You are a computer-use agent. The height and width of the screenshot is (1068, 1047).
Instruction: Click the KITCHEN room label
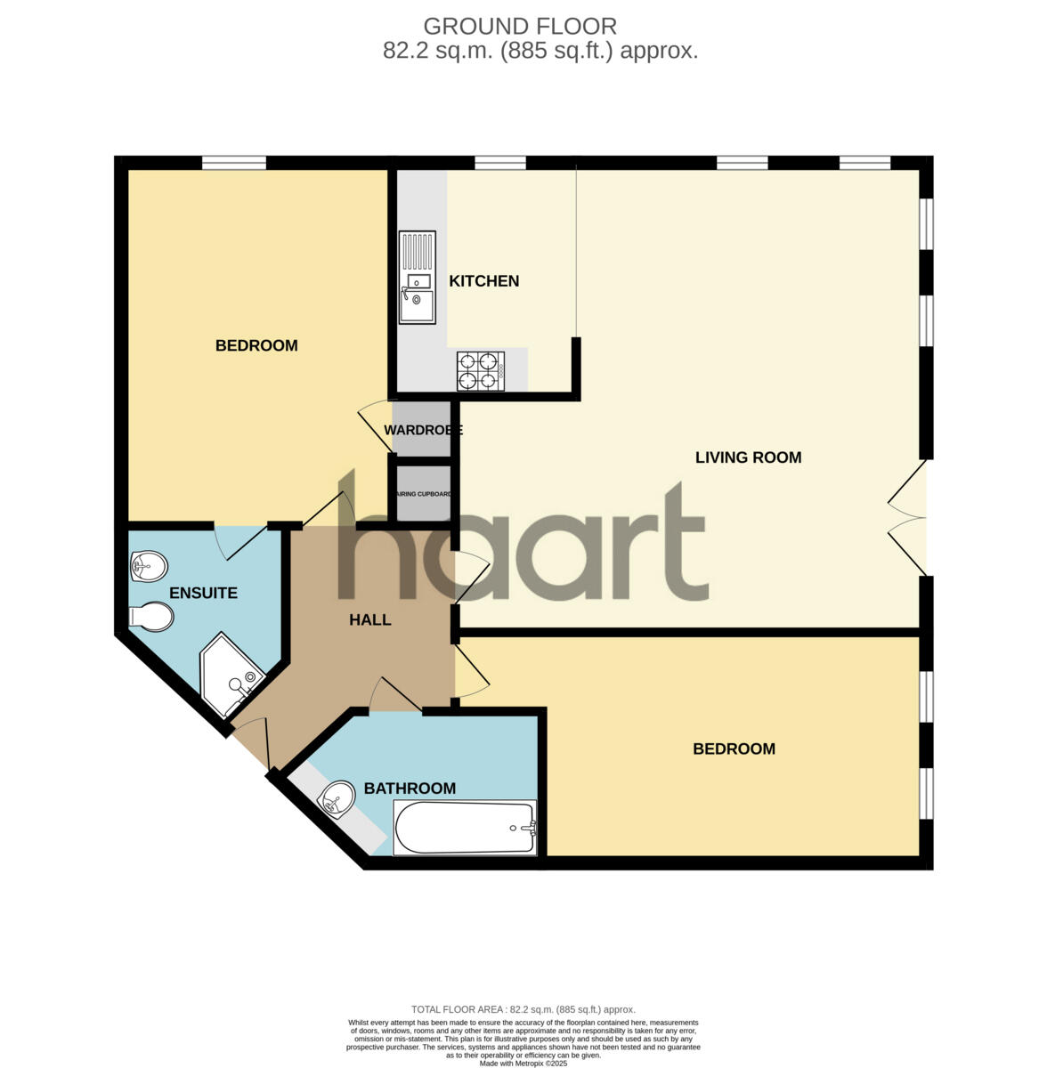click(483, 281)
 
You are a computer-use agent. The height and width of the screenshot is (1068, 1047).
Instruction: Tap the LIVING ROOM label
click(748, 457)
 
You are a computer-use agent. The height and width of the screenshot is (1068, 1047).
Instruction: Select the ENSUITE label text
click(203, 593)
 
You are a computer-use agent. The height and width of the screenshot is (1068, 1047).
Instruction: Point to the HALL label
click(369, 619)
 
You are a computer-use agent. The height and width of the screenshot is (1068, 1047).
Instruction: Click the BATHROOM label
click(410, 789)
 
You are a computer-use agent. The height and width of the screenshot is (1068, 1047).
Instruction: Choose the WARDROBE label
click(423, 431)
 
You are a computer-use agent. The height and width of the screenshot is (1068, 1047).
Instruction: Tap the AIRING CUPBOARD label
click(424, 494)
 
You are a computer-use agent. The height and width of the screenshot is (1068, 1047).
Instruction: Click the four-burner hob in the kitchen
click(480, 372)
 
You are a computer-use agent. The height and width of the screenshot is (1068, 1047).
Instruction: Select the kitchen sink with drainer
click(418, 277)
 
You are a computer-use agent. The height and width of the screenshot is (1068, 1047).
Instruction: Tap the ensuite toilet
click(150, 616)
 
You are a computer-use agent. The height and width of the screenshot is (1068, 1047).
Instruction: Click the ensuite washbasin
click(149, 563)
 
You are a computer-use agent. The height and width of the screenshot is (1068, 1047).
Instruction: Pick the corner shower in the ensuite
click(231, 676)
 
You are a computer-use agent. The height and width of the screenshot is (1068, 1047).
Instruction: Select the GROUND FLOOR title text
click(520, 27)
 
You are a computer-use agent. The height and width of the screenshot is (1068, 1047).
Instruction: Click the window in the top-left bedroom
click(233, 163)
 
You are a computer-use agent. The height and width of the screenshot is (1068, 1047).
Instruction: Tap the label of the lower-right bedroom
click(734, 749)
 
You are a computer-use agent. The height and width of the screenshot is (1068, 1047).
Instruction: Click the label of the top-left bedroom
click(256, 345)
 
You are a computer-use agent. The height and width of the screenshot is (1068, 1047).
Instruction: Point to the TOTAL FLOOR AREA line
click(523, 1009)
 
